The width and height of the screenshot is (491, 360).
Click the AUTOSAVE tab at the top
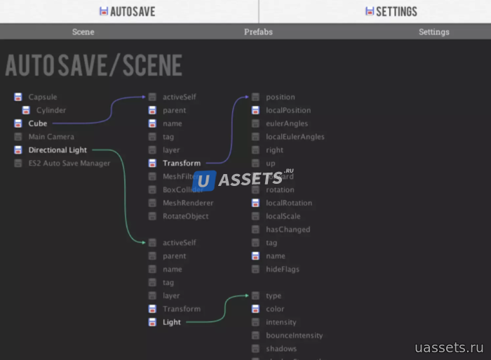(x=128, y=11)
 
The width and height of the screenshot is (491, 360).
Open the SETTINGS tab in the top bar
(x=391, y=11)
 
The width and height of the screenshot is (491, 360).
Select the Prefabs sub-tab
(x=258, y=32)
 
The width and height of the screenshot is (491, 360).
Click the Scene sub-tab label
(x=83, y=32)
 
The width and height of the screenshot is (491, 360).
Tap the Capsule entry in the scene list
(x=43, y=97)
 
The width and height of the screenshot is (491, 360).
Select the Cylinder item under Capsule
(x=51, y=110)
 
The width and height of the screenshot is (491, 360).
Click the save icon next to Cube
(x=18, y=124)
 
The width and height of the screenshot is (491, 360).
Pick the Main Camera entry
(x=51, y=137)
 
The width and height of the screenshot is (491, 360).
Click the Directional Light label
(x=58, y=150)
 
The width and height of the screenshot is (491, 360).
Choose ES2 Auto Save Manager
(x=69, y=164)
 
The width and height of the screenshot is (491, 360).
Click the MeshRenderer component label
(x=188, y=203)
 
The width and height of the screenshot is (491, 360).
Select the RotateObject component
(x=185, y=216)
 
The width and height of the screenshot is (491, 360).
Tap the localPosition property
(x=288, y=110)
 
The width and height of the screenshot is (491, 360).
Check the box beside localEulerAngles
(x=256, y=137)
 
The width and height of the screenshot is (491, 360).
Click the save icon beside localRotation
(x=256, y=203)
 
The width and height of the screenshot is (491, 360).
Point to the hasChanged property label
(x=288, y=229)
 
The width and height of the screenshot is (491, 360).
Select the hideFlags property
(x=283, y=269)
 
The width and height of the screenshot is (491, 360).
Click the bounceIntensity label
(x=294, y=335)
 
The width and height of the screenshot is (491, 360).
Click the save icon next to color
(x=256, y=309)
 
